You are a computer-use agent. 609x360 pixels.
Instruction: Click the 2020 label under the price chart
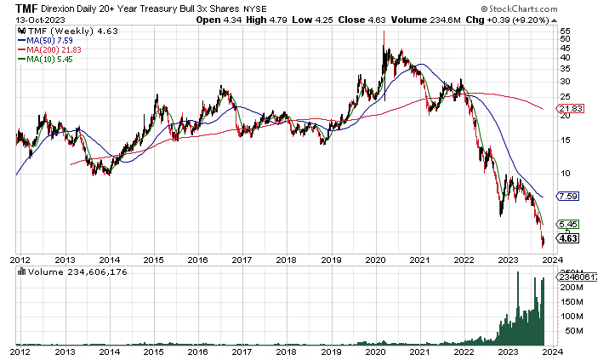pyautogui.click(x=376, y=260)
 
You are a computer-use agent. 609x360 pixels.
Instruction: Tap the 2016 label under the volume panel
pyautogui.click(x=198, y=349)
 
